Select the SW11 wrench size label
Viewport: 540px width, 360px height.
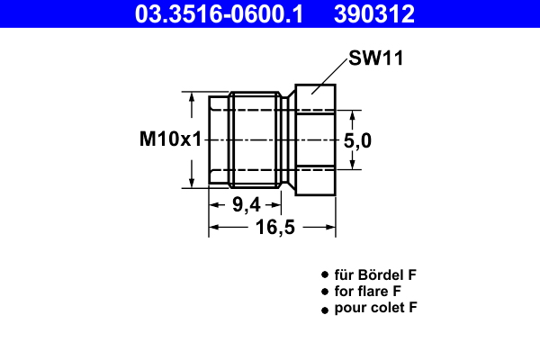[374, 59]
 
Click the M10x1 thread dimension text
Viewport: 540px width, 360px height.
[168, 139]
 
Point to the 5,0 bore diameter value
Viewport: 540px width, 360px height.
[358, 139]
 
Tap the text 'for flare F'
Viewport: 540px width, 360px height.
[367, 292]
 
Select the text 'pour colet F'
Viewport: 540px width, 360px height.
[376, 309]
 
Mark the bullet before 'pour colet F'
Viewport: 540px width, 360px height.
[324, 310]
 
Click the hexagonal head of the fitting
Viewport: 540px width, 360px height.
[315, 139]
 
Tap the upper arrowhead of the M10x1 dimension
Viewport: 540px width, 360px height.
[191, 96]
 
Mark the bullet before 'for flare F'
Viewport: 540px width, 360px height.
[324, 292]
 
